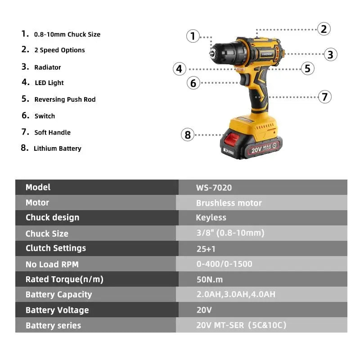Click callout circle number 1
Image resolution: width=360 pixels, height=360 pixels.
pos(193,36)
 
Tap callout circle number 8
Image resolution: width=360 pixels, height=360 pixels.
pos(188,135)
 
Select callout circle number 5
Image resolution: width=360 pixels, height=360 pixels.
pos(307,68)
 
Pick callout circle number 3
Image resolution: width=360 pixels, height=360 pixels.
pos(330,54)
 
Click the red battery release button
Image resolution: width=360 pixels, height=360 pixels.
pos(231,139)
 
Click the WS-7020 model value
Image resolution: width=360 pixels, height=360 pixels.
pos(214,188)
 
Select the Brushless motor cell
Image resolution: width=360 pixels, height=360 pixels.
pos(229,203)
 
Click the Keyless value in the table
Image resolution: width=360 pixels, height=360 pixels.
pos(211,218)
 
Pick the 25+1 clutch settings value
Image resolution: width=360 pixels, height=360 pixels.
pos(207,248)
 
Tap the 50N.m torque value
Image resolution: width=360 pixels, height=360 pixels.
pos(209,279)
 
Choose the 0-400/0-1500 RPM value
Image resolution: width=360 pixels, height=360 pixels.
pos(224,264)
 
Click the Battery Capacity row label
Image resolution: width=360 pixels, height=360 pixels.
pos(58,295)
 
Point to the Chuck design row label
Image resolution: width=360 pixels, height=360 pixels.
pos(52,218)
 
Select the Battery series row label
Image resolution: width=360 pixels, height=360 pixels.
pos(53,325)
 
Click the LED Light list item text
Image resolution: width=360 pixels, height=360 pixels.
pos(49,83)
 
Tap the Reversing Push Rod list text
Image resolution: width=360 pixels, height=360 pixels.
pos(65,99)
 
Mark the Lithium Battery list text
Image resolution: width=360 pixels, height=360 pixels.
pos(57,148)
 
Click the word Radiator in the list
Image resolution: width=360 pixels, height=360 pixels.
pos(47,67)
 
